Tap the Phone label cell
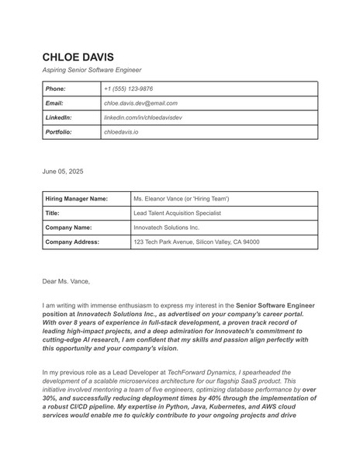pos(56,89)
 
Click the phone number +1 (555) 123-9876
pos(128,89)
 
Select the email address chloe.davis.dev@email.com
pos(140,103)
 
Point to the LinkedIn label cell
pos(59,117)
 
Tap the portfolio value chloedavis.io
pos(121,132)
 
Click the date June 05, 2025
pos(63,169)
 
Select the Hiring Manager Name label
pos(76,198)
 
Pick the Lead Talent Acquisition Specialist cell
pos(177,213)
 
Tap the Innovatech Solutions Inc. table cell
pos(166,228)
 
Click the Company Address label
pos(72,242)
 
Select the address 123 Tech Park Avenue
pos(196,242)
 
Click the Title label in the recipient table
pos(53,213)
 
